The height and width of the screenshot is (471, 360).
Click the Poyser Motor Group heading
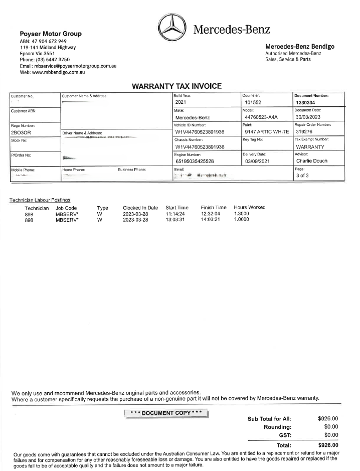pyautogui.click(x=50, y=34)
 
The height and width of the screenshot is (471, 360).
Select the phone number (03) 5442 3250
pyautogui.click(x=48, y=60)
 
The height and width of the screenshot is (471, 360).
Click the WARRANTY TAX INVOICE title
pyautogui.click(x=176, y=86)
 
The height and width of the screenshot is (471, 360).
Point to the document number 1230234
pyautogui.click(x=305, y=102)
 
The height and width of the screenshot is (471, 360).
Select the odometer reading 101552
pyautogui.click(x=254, y=102)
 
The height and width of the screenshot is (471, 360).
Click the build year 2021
pyautogui.click(x=181, y=102)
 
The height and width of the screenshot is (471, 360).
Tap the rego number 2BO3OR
pyautogui.click(x=21, y=132)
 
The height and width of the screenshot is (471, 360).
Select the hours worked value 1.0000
pyautogui.click(x=241, y=220)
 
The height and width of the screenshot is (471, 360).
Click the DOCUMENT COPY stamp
pyautogui.click(x=166, y=413)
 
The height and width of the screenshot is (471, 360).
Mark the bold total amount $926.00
pyautogui.click(x=328, y=445)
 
